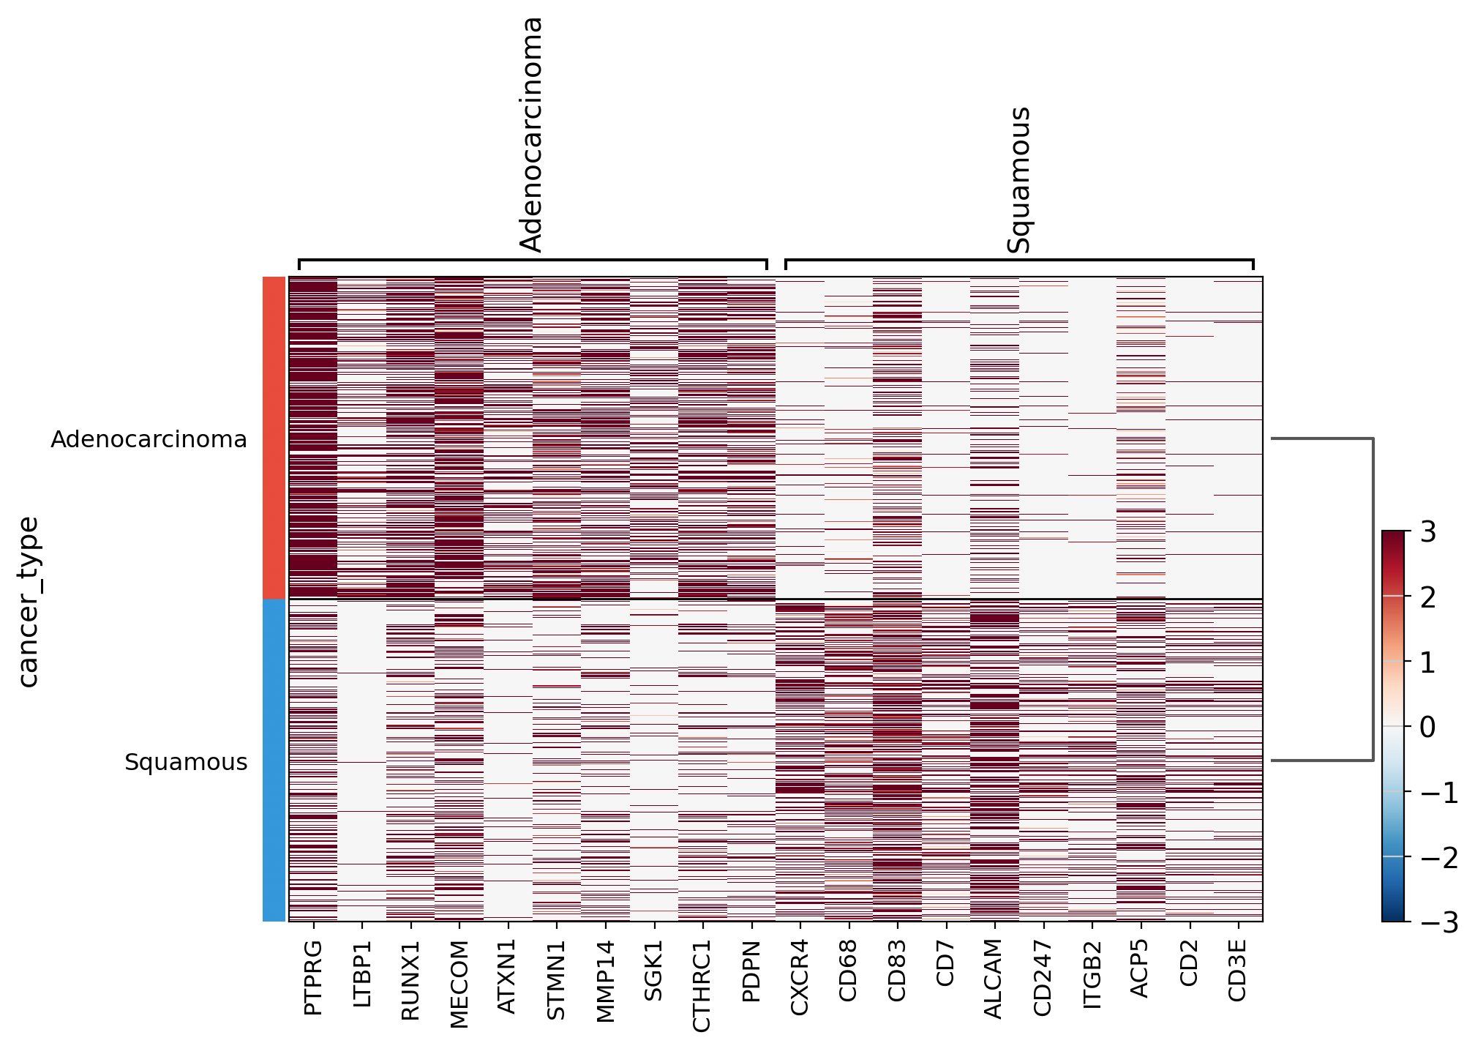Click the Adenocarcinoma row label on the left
[x=149, y=439]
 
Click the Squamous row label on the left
[x=186, y=762]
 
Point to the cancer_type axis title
[x=29, y=602]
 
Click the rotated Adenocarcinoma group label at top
[x=531, y=135]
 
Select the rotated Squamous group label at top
[x=1018, y=180]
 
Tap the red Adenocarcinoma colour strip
[x=274, y=438]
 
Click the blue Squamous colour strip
[x=274, y=760]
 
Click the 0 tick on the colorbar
[x=1427, y=727]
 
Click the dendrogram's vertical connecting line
[x=1373, y=599]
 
